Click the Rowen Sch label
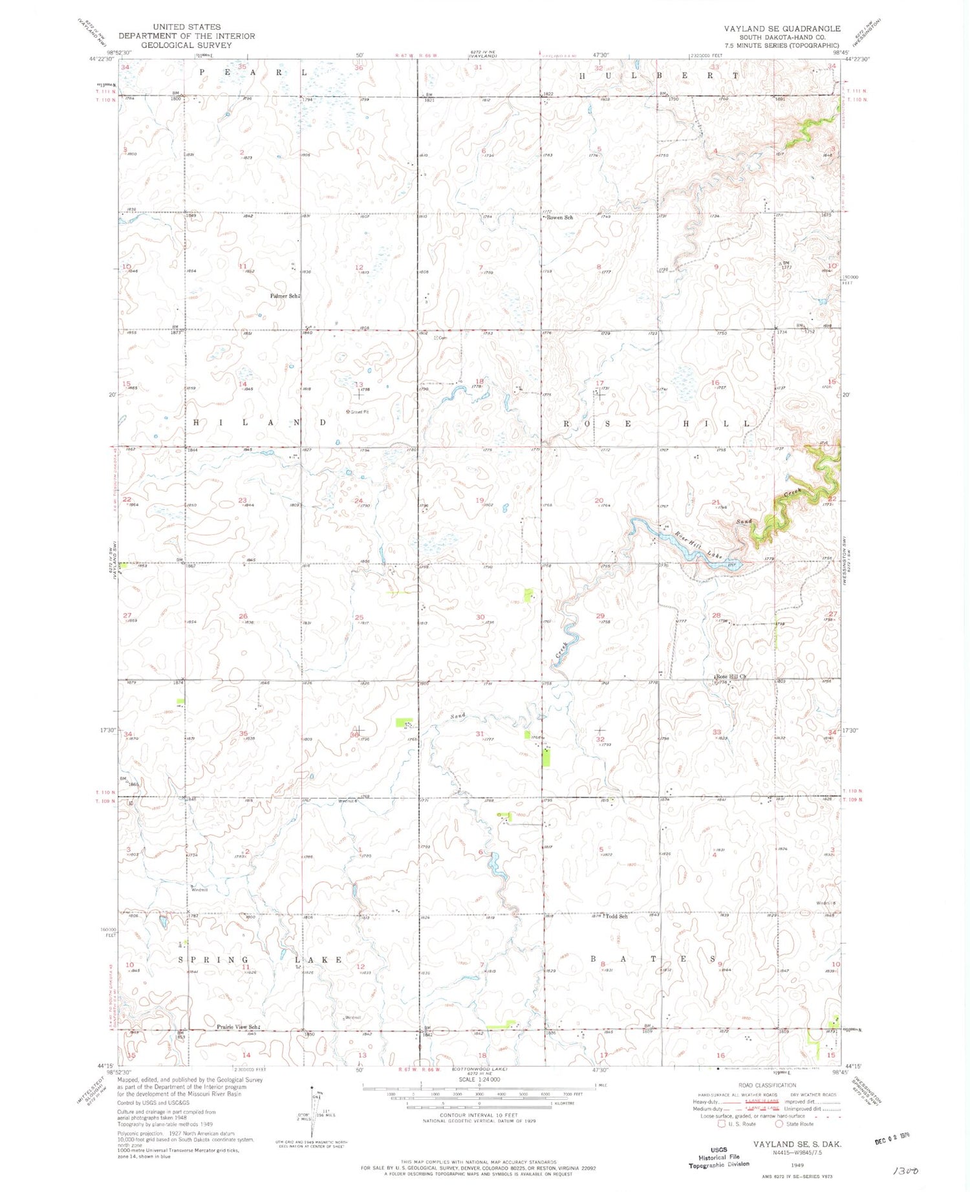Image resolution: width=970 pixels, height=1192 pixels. point(559,218)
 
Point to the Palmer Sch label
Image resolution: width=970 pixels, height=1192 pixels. point(284,296)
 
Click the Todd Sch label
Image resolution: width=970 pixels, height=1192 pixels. point(616,916)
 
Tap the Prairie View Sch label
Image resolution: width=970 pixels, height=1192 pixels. point(237,1027)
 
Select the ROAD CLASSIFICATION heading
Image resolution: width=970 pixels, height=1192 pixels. point(767,1085)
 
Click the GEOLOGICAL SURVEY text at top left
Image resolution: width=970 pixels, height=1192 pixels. point(186,45)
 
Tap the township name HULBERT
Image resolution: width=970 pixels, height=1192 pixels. point(657,76)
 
